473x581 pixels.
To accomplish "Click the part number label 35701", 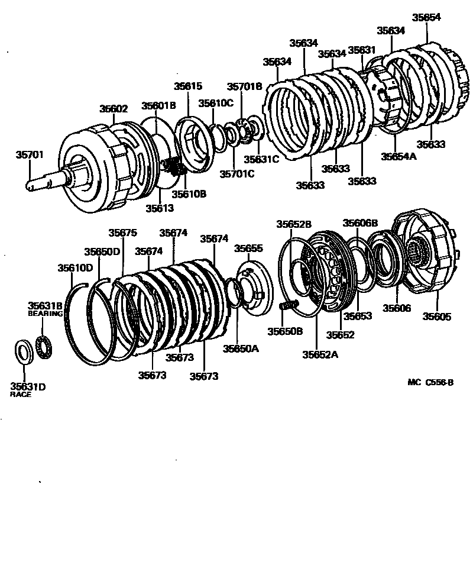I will [29, 155].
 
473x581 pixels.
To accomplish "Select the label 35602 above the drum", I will [114, 109].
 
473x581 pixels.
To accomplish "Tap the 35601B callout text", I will [158, 106].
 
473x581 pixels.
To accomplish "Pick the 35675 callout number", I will [122, 233].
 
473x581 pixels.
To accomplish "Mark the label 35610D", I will [75, 267].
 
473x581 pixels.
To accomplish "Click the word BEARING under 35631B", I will [45, 314].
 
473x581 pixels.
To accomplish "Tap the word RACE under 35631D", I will [21, 394].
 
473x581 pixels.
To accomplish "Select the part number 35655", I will [248, 248].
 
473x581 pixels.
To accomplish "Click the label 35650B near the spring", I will [284, 331].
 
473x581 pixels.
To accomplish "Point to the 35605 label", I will [436, 317].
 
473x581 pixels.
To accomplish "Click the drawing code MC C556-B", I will [430, 382].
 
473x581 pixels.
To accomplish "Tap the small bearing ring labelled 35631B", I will [44, 345].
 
